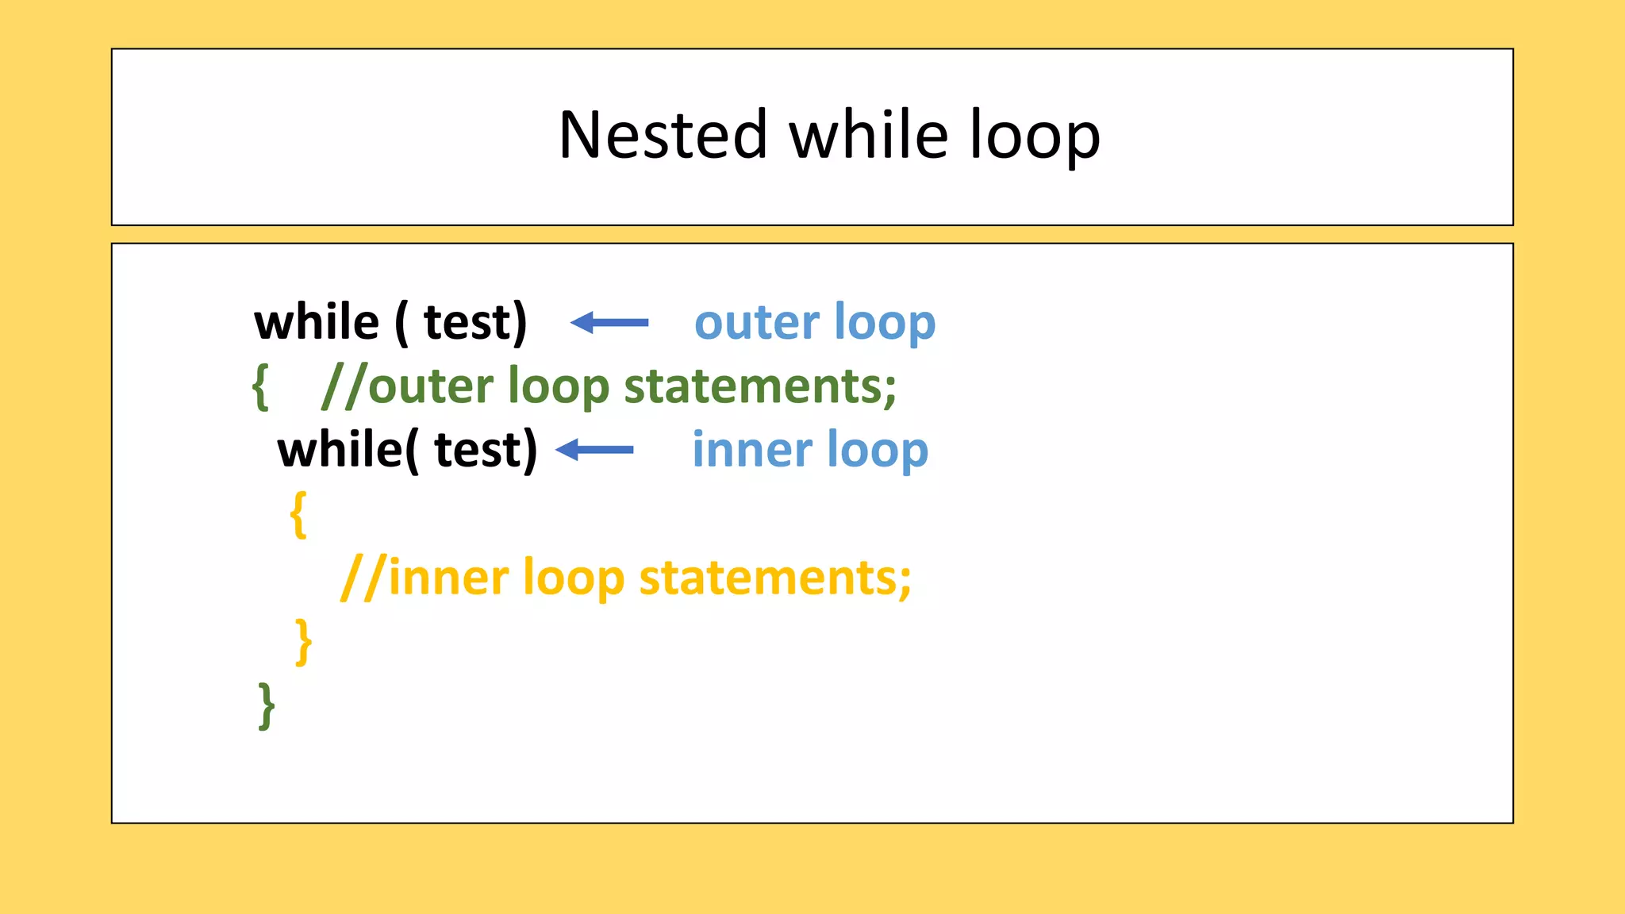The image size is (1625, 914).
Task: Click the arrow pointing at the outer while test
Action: pyautogui.click(x=609, y=322)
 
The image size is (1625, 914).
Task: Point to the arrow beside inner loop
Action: pyautogui.click(x=594, y=450)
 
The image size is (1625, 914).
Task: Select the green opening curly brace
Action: pyautogui.click(x=260, y=387)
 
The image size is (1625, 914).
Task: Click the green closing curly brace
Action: pyautogui.click(x=267, y=705)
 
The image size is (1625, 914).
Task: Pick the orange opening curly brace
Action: pyautogui.click(x=298, y=515)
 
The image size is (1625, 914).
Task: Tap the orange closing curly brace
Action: pyautogui.click(x=303, y=642)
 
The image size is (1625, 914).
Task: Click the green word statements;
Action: pyautogui.click(x=760, y=386)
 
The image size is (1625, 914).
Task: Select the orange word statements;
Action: pyautogui.click(x=775, y=578)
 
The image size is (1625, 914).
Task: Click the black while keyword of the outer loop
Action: pyautogui.click(x=317, y=322)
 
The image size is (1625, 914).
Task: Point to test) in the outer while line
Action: pyautogui.click(x=475, y=322)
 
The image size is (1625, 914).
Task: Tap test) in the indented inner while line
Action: pyautogui.click(x=486, y=450)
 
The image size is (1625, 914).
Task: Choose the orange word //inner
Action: pyautogui.click(x=424, y=578)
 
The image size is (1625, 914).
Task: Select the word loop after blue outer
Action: pyautogui.click(x=885, y=324)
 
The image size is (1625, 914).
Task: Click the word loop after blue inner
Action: pyautogui.click(x=877, y=451)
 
